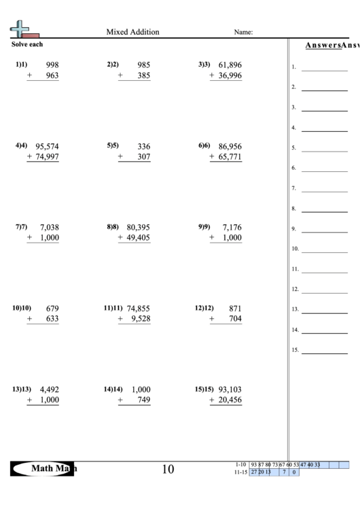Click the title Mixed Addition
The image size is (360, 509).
(x=132, y=32)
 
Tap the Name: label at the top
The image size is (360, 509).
(x=243, y=32)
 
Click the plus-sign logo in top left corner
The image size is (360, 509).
(x=21, y=29)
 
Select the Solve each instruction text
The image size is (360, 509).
(x=27, y=44)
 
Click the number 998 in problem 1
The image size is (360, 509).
(x=52, y=65)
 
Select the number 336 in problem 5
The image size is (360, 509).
(x=143, y=146)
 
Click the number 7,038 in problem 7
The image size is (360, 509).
(x=50, y=227)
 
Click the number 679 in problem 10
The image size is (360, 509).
(x=52, y=308)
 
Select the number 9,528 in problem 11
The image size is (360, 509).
(x=139, y=319)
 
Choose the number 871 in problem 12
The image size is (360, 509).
(x=235, y=308)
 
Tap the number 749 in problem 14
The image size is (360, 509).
(x=143, y=400)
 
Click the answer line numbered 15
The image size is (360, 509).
(x=324, y=353)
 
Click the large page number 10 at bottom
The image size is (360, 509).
(x=168, y=469)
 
